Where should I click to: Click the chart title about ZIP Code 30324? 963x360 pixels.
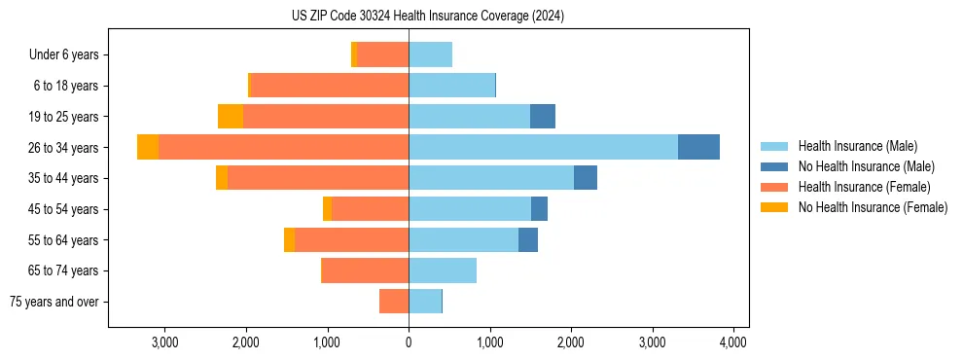tap(428, 17)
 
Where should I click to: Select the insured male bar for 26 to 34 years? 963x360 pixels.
tap(543, 147)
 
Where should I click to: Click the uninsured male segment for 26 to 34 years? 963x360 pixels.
tap(698, 147)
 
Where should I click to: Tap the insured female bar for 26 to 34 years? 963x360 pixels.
tap(283, 147)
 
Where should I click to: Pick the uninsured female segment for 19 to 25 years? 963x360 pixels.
tap(231, 117)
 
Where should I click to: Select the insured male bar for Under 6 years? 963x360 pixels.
tap(430, 54)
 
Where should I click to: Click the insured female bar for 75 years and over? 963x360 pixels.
tap(394, 302)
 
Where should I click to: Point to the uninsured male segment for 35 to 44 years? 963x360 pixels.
tap(585, 178)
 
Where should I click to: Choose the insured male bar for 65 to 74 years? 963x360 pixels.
tap(443, 270)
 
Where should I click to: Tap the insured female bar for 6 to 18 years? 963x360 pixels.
tap(330, 86)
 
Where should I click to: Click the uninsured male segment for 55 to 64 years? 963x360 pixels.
tap(528, 239)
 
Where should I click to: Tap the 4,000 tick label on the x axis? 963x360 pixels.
tap(732, 342)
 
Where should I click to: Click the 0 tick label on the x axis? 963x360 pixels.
tap(409, 342)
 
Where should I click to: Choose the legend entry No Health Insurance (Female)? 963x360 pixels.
tap(873, 207)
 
